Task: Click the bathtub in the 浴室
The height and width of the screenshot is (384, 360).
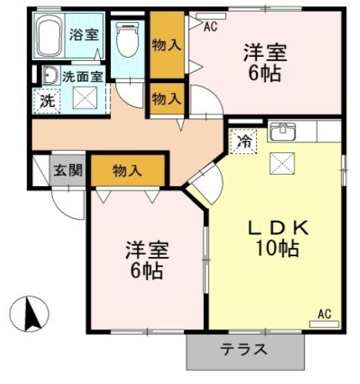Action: [50, 35]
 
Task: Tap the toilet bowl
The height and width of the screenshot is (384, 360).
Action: [127, 39]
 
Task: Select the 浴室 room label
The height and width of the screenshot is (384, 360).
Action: [84, 35]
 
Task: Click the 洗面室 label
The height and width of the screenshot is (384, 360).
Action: [83, 77]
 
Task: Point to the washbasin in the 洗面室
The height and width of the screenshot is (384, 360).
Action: [50, 75]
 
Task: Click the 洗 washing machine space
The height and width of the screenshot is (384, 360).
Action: [47, 102]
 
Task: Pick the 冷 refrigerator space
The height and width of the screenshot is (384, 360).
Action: [243, 142]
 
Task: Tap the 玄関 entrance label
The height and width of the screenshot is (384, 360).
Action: [68, 170]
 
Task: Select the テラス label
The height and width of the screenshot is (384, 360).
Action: [244, 349]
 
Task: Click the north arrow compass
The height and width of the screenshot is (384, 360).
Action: [29, 314]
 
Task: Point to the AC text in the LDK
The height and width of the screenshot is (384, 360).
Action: [325, 314]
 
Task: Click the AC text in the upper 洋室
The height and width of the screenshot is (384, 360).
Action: [211, 26]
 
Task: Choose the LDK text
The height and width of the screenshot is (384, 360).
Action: [278, 228]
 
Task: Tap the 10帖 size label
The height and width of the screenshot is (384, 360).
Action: [278, 249]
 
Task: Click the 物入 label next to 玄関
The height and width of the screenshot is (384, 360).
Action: [128, 171]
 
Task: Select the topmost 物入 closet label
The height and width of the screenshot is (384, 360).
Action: [167, 45]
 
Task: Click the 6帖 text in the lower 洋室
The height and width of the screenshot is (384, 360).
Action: [147, 271]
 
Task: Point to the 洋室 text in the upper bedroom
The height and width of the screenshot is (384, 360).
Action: [265, 52]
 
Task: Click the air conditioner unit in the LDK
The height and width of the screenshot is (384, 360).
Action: [325, 324]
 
